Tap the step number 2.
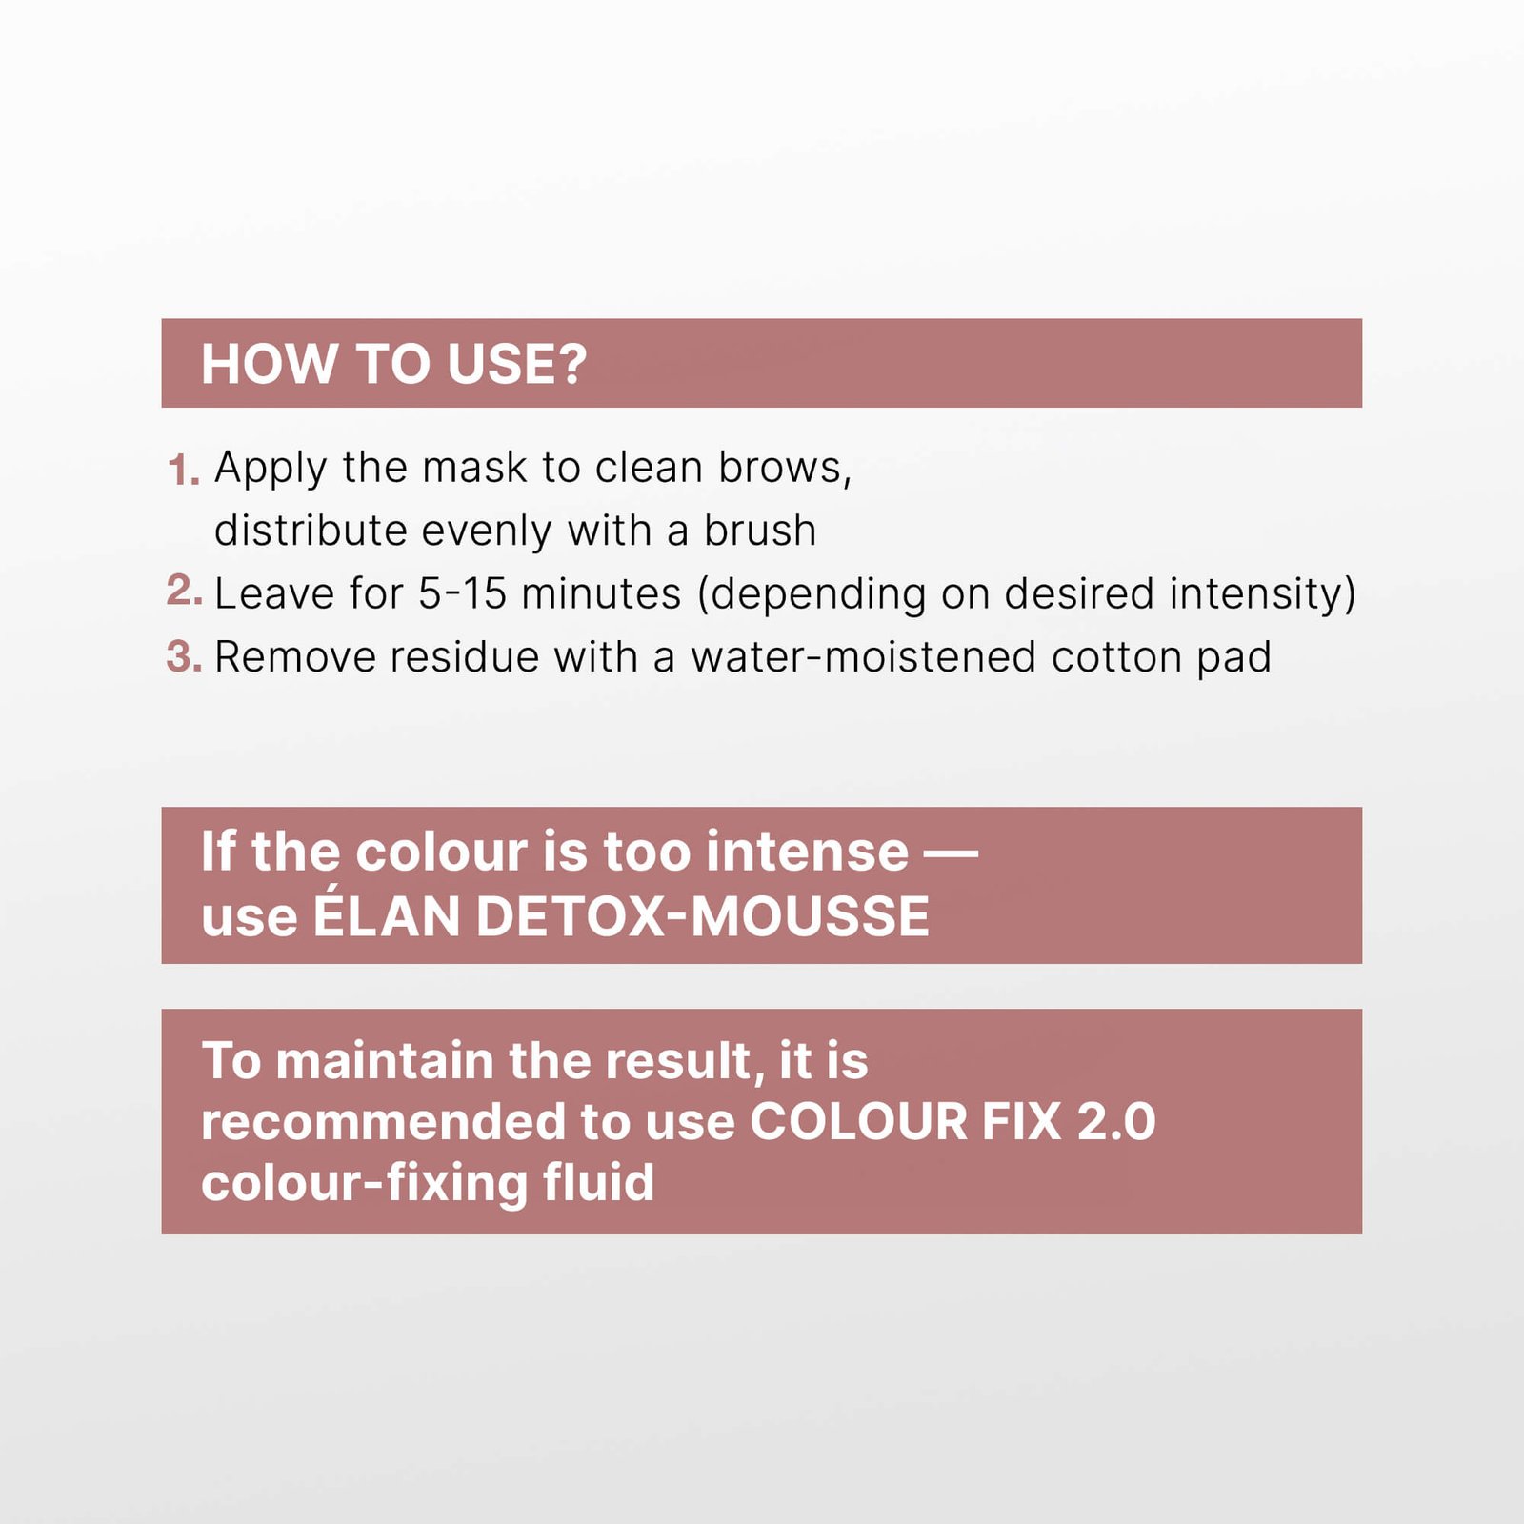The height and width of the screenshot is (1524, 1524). click(x=184, y=591)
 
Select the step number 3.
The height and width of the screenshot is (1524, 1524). click(x=184, y=656)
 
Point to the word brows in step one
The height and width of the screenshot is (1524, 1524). click(x=784, y=468)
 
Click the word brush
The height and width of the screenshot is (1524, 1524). click(x=759, y=531)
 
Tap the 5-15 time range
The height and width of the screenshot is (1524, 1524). click(x=462, y=593)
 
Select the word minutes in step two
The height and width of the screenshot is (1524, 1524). click(x=601, y=593)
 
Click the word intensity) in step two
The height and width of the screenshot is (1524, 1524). click(x=1262, y=593)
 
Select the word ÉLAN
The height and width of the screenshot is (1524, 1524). click(x=387, y=915)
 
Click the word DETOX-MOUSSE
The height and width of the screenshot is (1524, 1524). click(x=702, y=916)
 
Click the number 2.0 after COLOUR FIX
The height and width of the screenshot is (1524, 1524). click(x=1115, y=1121)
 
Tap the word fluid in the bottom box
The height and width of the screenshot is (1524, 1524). click(x=598, y=1182)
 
